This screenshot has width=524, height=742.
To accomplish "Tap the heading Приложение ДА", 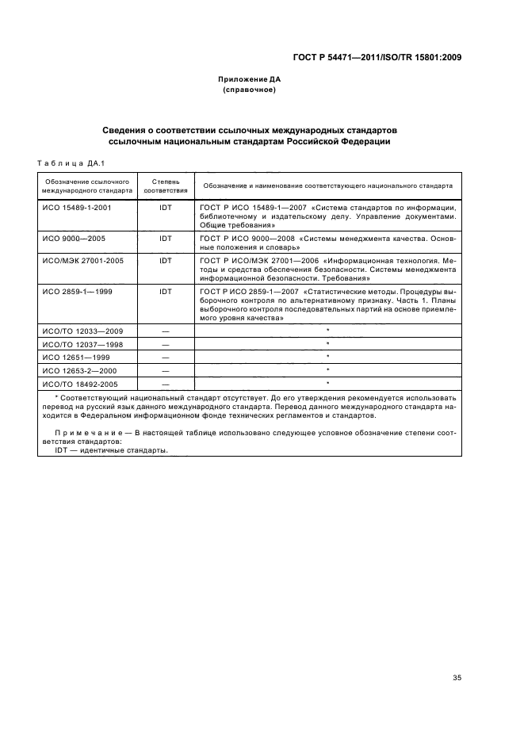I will pos(250,80).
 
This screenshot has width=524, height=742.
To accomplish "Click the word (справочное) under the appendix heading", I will pos(250,90).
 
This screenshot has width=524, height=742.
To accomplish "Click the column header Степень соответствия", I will pos(166,185).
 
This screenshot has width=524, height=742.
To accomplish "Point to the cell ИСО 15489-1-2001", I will pos(76,207).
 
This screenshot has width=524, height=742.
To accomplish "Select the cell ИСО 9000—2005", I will pos(73,238).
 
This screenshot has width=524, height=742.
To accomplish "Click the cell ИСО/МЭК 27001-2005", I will pos(81,260).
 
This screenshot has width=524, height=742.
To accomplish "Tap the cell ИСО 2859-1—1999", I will pos(75,292).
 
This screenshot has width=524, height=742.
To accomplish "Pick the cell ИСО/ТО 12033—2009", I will pos(81,330).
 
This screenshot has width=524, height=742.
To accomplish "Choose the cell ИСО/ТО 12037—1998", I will pos(81,344).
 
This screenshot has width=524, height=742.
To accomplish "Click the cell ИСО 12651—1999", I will pos(75,358).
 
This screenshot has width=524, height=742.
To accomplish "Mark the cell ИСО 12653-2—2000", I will pos(78,370).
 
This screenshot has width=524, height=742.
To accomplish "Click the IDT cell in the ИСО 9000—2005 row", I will pos(166,238).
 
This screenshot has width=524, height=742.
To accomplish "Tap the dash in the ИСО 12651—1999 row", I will pos(166,358).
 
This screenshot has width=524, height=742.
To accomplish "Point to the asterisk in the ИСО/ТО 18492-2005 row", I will pos(327,384).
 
